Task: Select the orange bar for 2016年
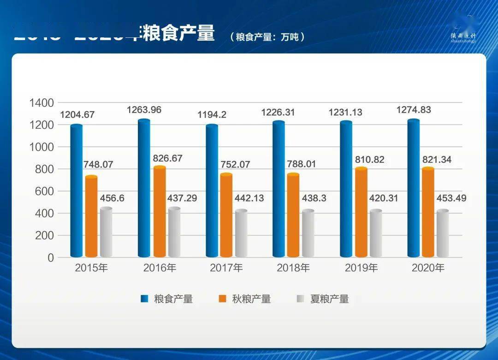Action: pyautogui.click(x=160, y=212)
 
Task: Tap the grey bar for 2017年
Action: pyautogui.click(x=241, y=234)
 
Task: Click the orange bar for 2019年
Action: pyautogui.click(x=362, y=212)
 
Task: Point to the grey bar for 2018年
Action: pyautogui.click(x=308, y=234)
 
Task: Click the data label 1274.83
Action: pyautogui.click(x=416, y=110)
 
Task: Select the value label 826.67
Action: pyautogui.click(x=167, y=158)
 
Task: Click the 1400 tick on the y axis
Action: pyautogui.click(x=41, y=103)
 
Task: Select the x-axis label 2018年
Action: pyautogui.click(x=293, y=268)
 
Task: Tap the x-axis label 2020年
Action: pyautogui.click(x=427, y=268)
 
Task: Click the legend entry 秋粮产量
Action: pyautogui.click(x=251, y=299)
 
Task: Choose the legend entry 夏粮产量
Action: pyautogui.click(x=329, y=299)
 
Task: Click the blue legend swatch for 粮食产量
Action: pyautogui.click(x=144, y=299)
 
